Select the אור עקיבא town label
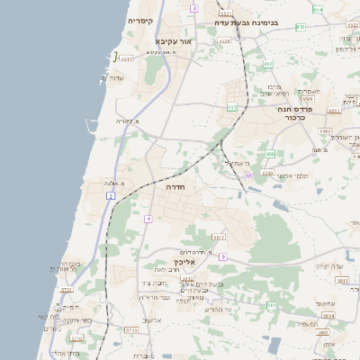point(175,41)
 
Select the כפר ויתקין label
point(74,320)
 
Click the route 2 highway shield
point(111,195)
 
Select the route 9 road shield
point(222,257)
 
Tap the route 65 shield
point(248,175)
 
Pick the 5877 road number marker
point(219,238)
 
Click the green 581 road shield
point(271,306)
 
